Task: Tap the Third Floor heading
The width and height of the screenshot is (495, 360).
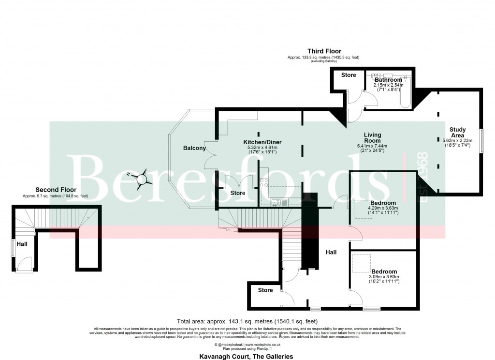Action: click(x=324, y=51)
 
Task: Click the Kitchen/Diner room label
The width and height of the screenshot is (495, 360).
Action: click(x=262, y=142)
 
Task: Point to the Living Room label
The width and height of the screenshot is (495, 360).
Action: click(x=372, y=137)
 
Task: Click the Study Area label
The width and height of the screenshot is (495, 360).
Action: click(x=457, y=133)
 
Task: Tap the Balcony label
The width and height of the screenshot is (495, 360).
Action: click(x=194, y=148)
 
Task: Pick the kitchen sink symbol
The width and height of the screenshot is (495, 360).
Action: click(x=280, y=202)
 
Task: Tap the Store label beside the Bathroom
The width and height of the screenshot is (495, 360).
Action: click(x=349, y=75)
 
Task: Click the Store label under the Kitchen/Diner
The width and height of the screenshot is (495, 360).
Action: click(x=238, y=193)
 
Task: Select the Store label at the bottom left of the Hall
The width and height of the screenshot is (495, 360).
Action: click(x=265, y=290)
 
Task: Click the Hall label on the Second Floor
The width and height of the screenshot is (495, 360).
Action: click(x=22, y=244)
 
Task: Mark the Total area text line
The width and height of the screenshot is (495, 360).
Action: click(x=247, y=321)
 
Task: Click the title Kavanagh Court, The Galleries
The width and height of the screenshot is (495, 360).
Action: click(x=246, y=356)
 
